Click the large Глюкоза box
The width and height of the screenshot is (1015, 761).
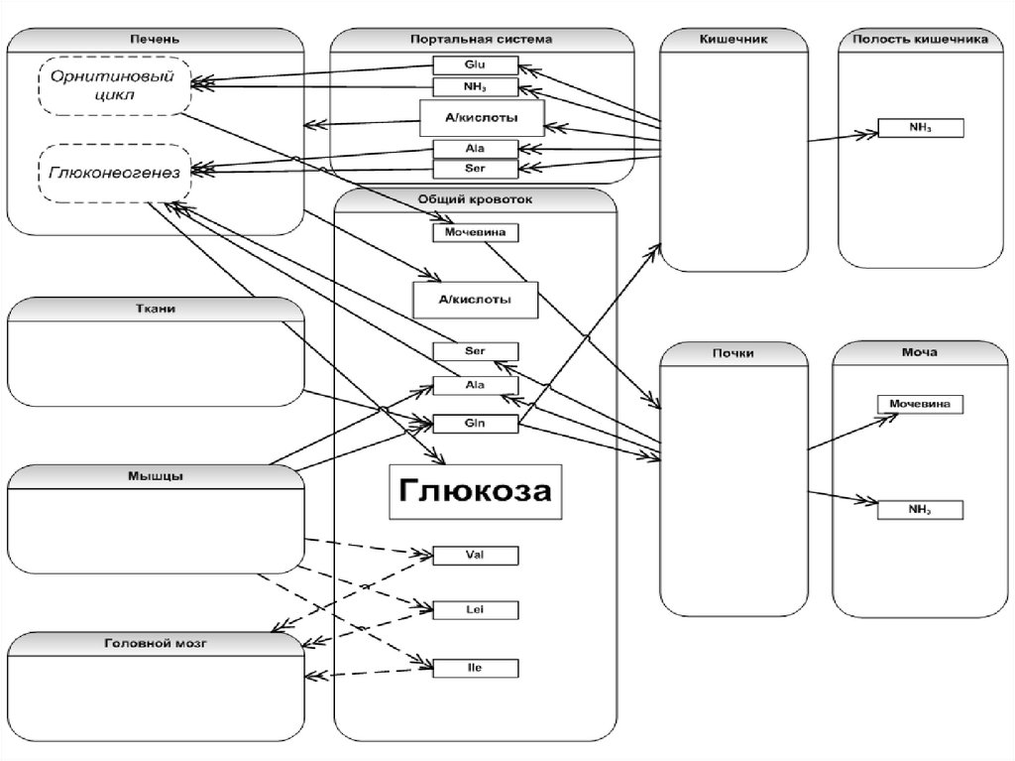tap(475, 491)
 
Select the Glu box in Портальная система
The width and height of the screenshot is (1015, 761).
tap(475, 65)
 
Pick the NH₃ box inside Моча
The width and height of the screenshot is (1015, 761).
tap(921, 510)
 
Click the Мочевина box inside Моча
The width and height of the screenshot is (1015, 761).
tap(921, 404)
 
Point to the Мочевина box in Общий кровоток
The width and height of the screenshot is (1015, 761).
tap(476, 232)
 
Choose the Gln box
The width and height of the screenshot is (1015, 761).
tap(476, 424)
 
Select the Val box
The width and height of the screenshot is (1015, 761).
tap(476, 555)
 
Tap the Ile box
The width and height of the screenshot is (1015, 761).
tap(476, 668)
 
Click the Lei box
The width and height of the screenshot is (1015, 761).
tap(476, 608)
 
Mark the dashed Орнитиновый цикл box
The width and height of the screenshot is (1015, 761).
tap(116, 84)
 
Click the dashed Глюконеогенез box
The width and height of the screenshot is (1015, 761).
tap(114, 173)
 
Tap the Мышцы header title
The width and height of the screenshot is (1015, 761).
tap(155, 475)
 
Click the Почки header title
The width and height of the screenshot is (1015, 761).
tap(733, 352)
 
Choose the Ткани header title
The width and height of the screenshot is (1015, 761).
tap(155, 309)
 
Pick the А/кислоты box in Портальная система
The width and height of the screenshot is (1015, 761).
tap(482, 118)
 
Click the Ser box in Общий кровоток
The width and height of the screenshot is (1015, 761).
tap(476, 350)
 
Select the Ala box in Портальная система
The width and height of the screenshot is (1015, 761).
tap(475, 149)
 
